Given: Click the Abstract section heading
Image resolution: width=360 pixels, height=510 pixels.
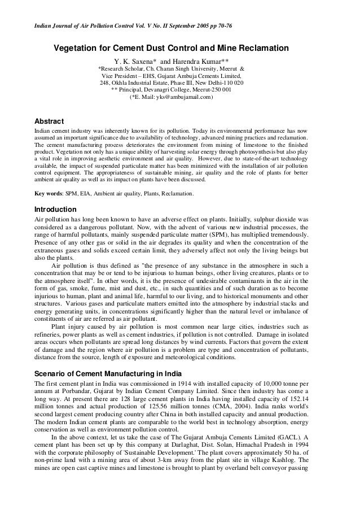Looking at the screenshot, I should coord(50,121).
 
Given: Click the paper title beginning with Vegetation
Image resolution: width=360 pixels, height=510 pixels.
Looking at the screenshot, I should coord(172,48).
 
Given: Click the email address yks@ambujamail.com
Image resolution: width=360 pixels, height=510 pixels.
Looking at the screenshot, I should coord(175,97).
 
